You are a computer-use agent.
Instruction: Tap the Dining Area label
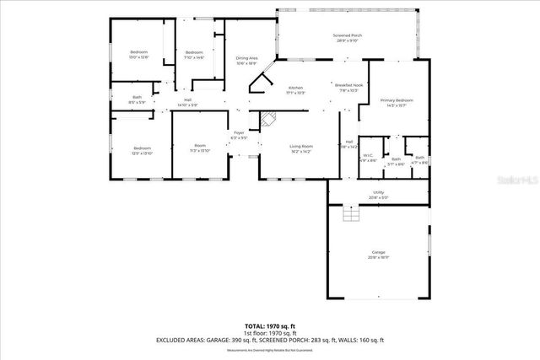coord(246,60)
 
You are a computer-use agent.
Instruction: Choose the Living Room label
coord(300,148)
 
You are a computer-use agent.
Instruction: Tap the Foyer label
coord(239,134)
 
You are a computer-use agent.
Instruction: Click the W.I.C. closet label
coord(369,157)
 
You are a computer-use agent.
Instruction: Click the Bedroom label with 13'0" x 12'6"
coord(138,55)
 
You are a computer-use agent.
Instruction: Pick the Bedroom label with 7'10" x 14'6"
coord(194,55)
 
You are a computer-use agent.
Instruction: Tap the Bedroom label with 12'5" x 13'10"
coord(141,150)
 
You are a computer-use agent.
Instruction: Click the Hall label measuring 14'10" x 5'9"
coord(187,102)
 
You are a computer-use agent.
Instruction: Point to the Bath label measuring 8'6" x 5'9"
coord(137,99)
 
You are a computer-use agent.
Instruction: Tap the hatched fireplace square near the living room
coord(267,119)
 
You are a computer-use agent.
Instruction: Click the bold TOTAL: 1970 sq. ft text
coord(270,325)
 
